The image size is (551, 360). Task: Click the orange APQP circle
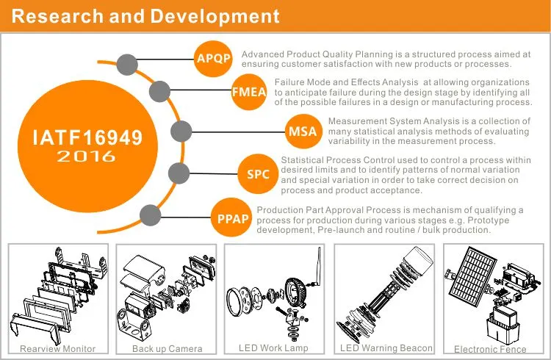[x=213, y=58]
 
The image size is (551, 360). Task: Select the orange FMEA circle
[x=249, y=92]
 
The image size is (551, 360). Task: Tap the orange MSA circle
[x=303, y=131]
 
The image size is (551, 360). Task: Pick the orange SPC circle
[x=259, y=173]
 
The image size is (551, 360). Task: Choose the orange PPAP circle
[x=231, y=217]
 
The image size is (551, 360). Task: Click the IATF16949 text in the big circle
[x=87, y=137]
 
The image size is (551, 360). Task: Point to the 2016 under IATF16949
[x=86, y=156]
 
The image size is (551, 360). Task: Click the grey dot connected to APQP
[x=127, y=65]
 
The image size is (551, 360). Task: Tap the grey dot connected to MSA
[x=181, y=132]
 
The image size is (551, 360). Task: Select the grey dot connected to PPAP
[x=151, y=215]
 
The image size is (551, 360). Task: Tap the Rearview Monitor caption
[x=57, y=349]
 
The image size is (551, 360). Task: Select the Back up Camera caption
[x=168, y=349]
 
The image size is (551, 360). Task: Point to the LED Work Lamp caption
[x=273, y=348]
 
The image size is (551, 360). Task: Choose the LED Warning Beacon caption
[x=386, y=348]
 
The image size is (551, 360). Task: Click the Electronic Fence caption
[x=490, y=349]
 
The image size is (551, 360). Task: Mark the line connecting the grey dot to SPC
[x=214, y=173]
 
